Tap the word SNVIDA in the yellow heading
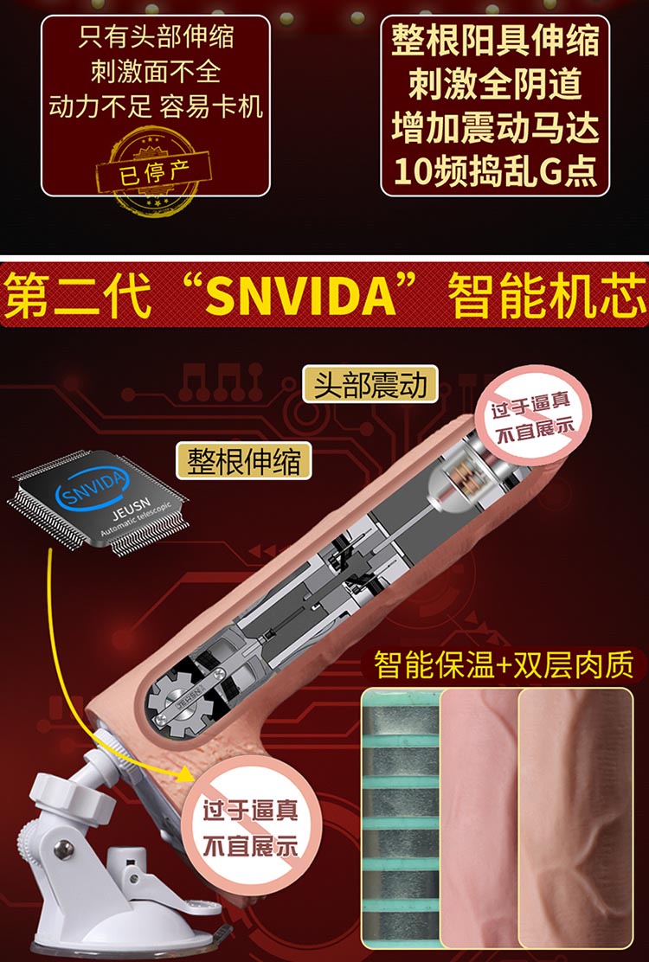coord(300,296)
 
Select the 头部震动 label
coord(369,385)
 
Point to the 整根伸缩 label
coord(243,460)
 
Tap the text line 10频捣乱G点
coord(495,171)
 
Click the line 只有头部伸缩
coord(156,37)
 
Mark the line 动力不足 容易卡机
coord(156,106)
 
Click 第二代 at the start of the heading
coord(78,296)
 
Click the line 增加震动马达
coord(495,127)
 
